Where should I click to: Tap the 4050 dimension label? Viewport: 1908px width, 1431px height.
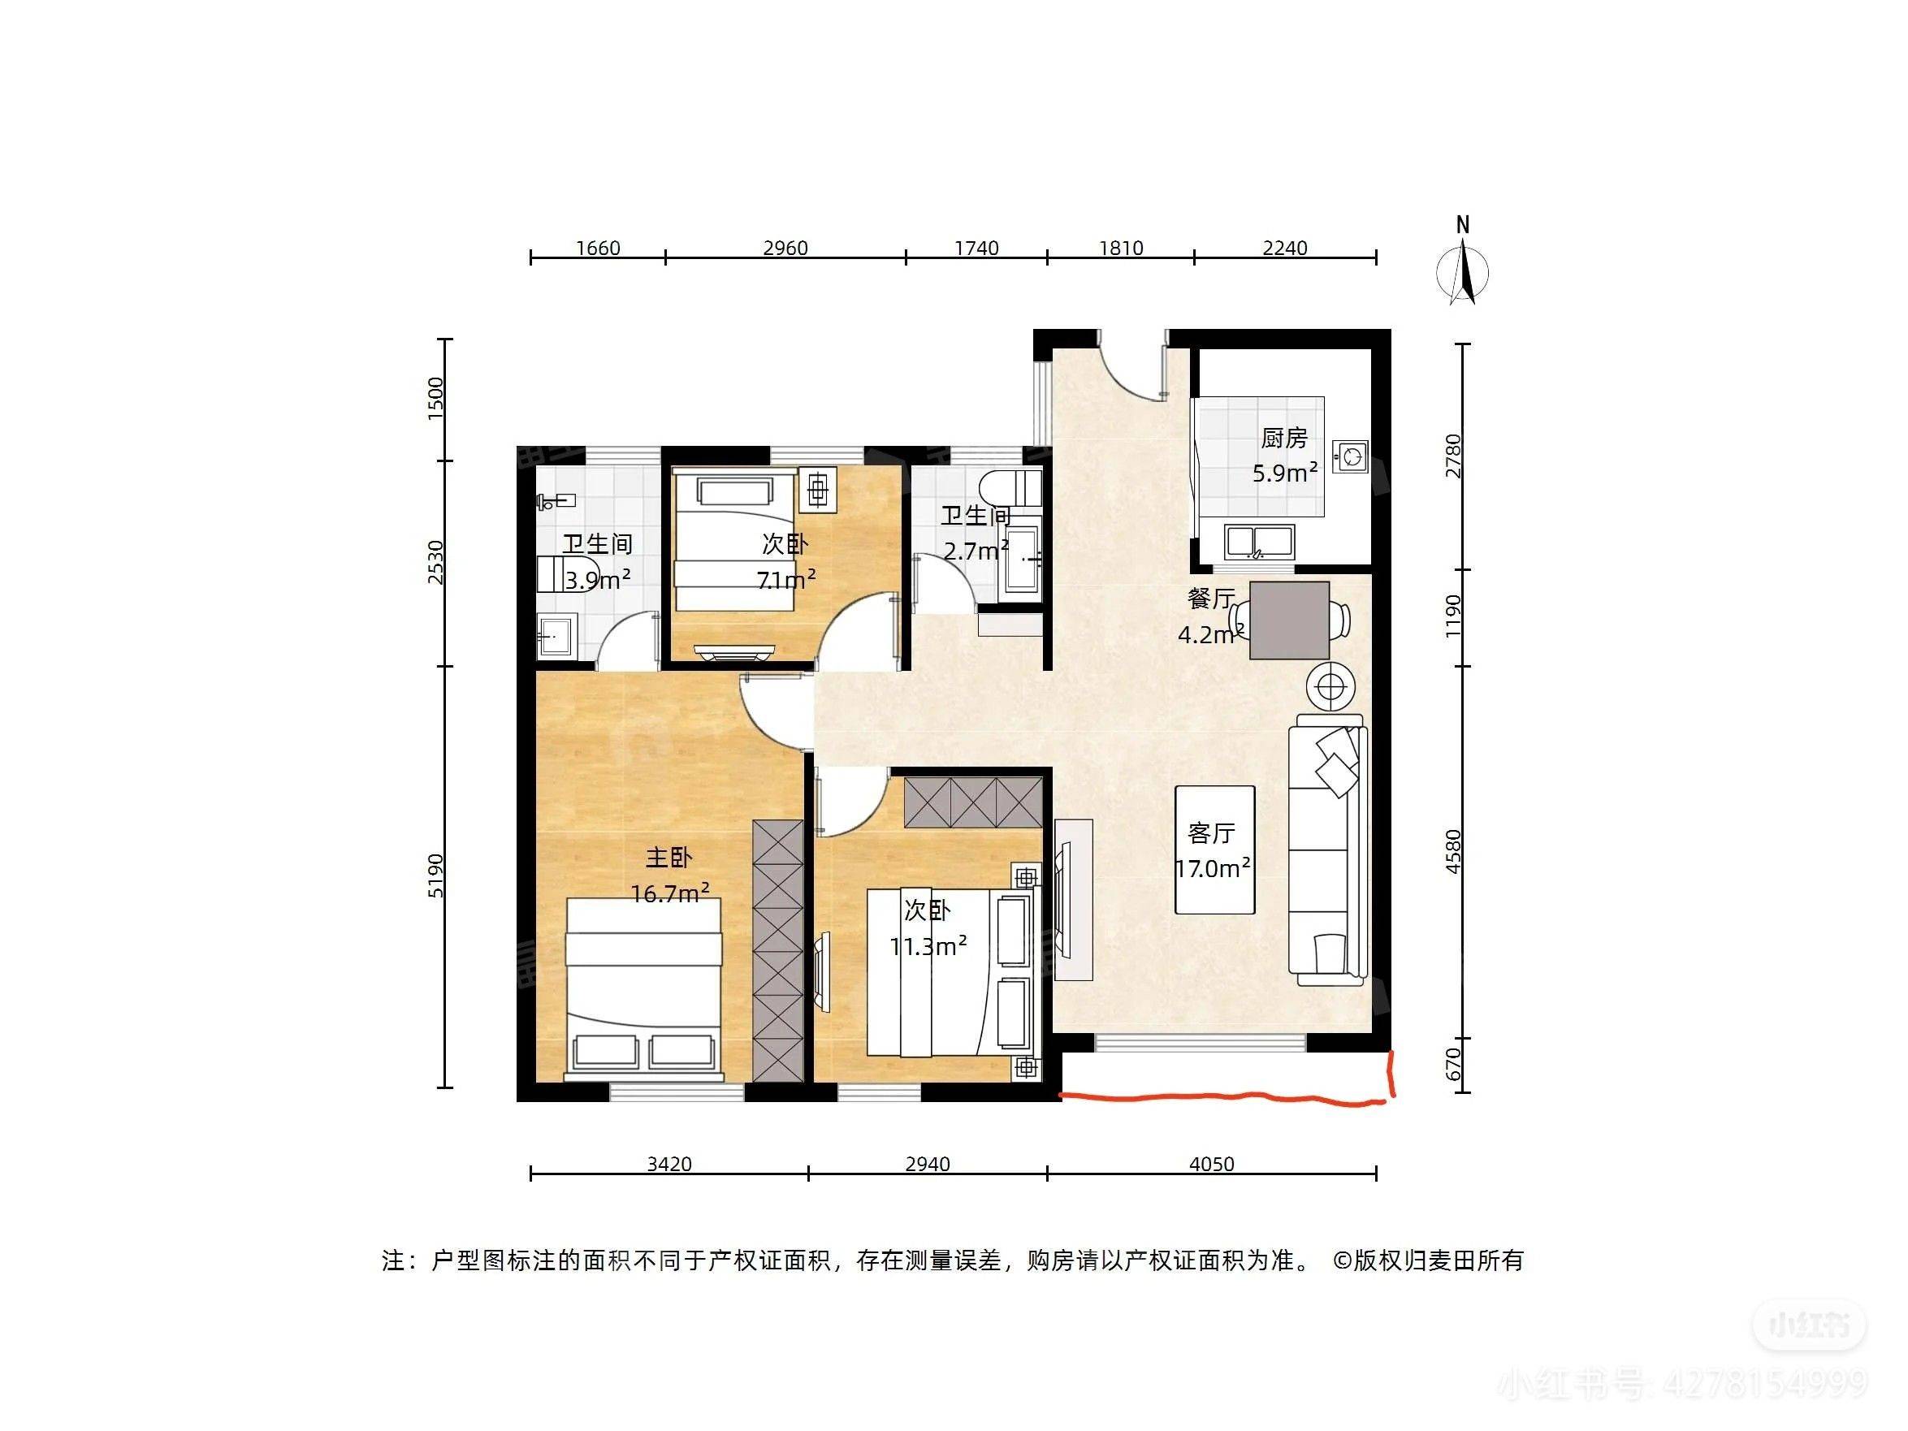coord(1211,1165)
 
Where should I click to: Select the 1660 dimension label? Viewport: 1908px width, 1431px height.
coord(598,249)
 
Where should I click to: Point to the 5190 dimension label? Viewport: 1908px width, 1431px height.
coord(436,875)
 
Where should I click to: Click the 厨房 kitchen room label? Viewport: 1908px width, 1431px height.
coord(1284,439)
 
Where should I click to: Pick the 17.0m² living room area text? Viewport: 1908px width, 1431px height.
coord(1213,869)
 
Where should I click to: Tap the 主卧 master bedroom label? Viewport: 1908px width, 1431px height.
coord(669,858)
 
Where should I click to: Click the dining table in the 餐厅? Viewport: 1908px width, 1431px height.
coord(1289,620)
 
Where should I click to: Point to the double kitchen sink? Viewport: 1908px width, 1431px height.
coord(1260,542)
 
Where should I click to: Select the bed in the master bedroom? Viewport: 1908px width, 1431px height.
coord(642,989)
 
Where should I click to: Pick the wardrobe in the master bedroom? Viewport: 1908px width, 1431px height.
coord(778,950)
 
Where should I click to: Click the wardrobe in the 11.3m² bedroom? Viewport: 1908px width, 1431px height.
coord(973,802)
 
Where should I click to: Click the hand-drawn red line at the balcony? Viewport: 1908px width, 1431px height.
coord(1225,1097)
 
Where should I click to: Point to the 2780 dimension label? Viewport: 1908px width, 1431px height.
coord(1454,456)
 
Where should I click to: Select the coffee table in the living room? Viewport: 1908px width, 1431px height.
coord(1214,850)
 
